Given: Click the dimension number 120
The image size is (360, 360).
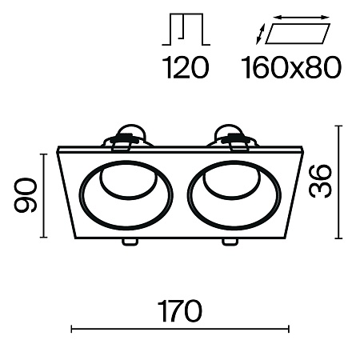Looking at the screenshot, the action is click(185, 67).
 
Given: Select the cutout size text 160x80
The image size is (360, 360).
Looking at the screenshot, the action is click(291, 67).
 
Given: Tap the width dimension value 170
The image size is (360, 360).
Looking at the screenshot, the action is click(180, 311).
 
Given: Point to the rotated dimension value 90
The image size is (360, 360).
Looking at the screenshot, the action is click(25, 195).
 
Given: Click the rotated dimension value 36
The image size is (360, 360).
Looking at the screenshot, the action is click(320, 182).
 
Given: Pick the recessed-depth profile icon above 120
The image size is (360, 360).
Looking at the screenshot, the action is click(186, 29).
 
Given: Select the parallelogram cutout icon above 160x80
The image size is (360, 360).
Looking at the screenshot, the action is click(298, 34).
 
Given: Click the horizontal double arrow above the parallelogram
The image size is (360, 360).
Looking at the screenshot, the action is click(302, 18).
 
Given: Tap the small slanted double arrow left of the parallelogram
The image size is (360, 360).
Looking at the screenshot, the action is click(260, 34).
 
